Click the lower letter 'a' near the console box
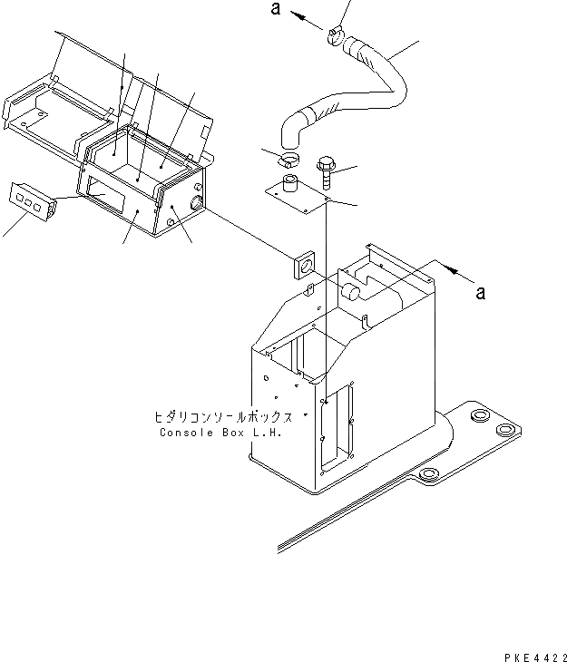coord(481,292)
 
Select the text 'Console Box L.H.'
coord(220,433)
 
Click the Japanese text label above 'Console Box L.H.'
coord(223,418)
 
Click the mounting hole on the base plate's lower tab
coord(431,472)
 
